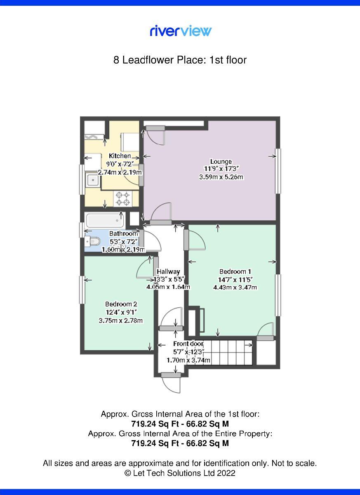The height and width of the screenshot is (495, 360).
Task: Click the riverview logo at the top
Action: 180,31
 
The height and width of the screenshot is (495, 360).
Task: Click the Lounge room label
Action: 221,161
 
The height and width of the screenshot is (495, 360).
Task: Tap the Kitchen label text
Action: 120,156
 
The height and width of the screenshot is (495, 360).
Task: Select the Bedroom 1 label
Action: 235,271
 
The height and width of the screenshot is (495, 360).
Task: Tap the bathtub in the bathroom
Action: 106,220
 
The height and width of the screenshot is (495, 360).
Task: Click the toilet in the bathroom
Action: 93,241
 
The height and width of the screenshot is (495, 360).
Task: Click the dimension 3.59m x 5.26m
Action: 221,177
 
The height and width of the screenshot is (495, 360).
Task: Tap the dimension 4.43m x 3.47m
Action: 235,287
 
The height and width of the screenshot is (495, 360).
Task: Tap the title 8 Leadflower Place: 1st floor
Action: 180,60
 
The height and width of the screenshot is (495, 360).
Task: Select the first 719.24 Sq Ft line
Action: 180,424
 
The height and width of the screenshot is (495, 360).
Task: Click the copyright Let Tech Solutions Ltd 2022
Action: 180,473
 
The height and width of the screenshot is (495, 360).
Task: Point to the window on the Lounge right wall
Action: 279,170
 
